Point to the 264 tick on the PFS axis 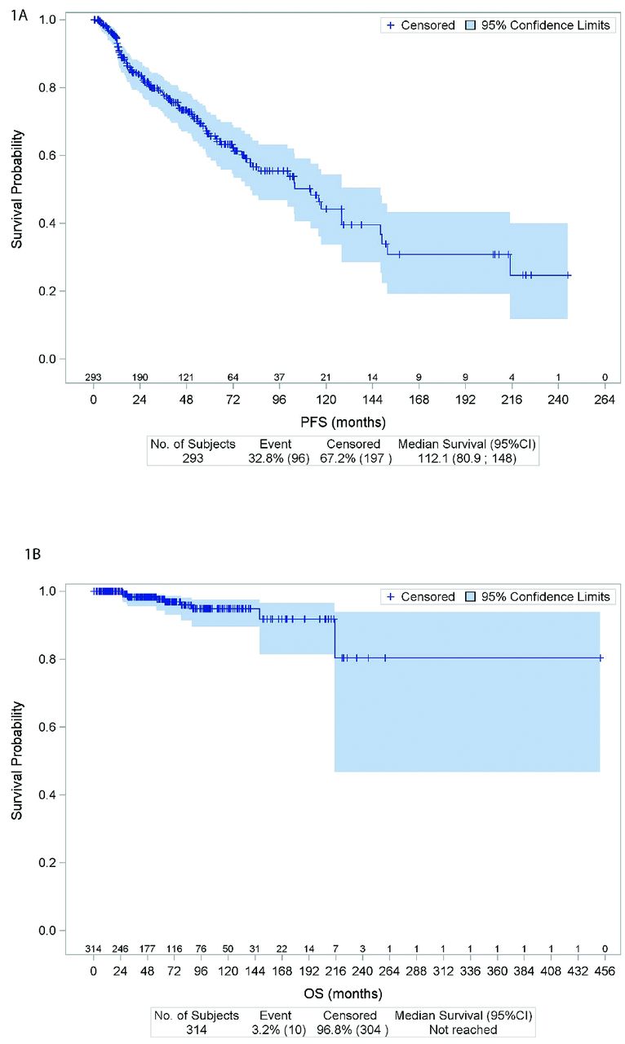pyautogui.click(x=605, y=400)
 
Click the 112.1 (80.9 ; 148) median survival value pyautogui.click(x=468, y=458)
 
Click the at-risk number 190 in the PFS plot pyautogui.click(x=140, y=377)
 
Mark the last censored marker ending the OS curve pyautogui.click(x=601, y=657)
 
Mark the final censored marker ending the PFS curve pyautogui.click(x=568, y=276)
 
